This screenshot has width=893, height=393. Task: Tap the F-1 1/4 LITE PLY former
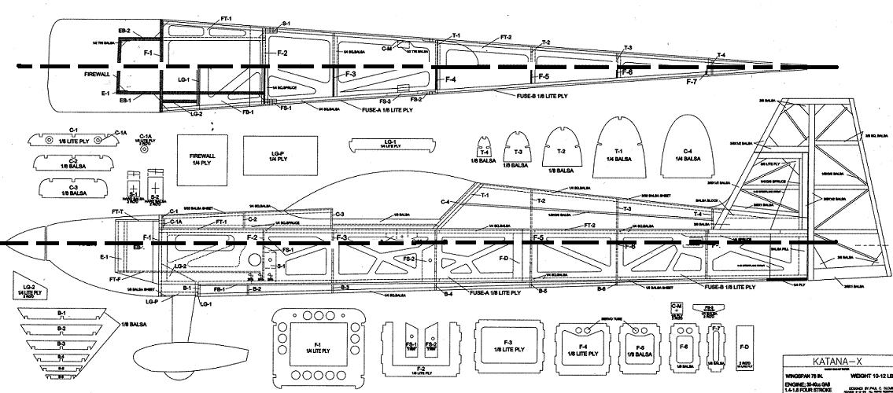click(317, 347)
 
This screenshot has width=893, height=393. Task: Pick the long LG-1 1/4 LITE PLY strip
click(390, 145)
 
